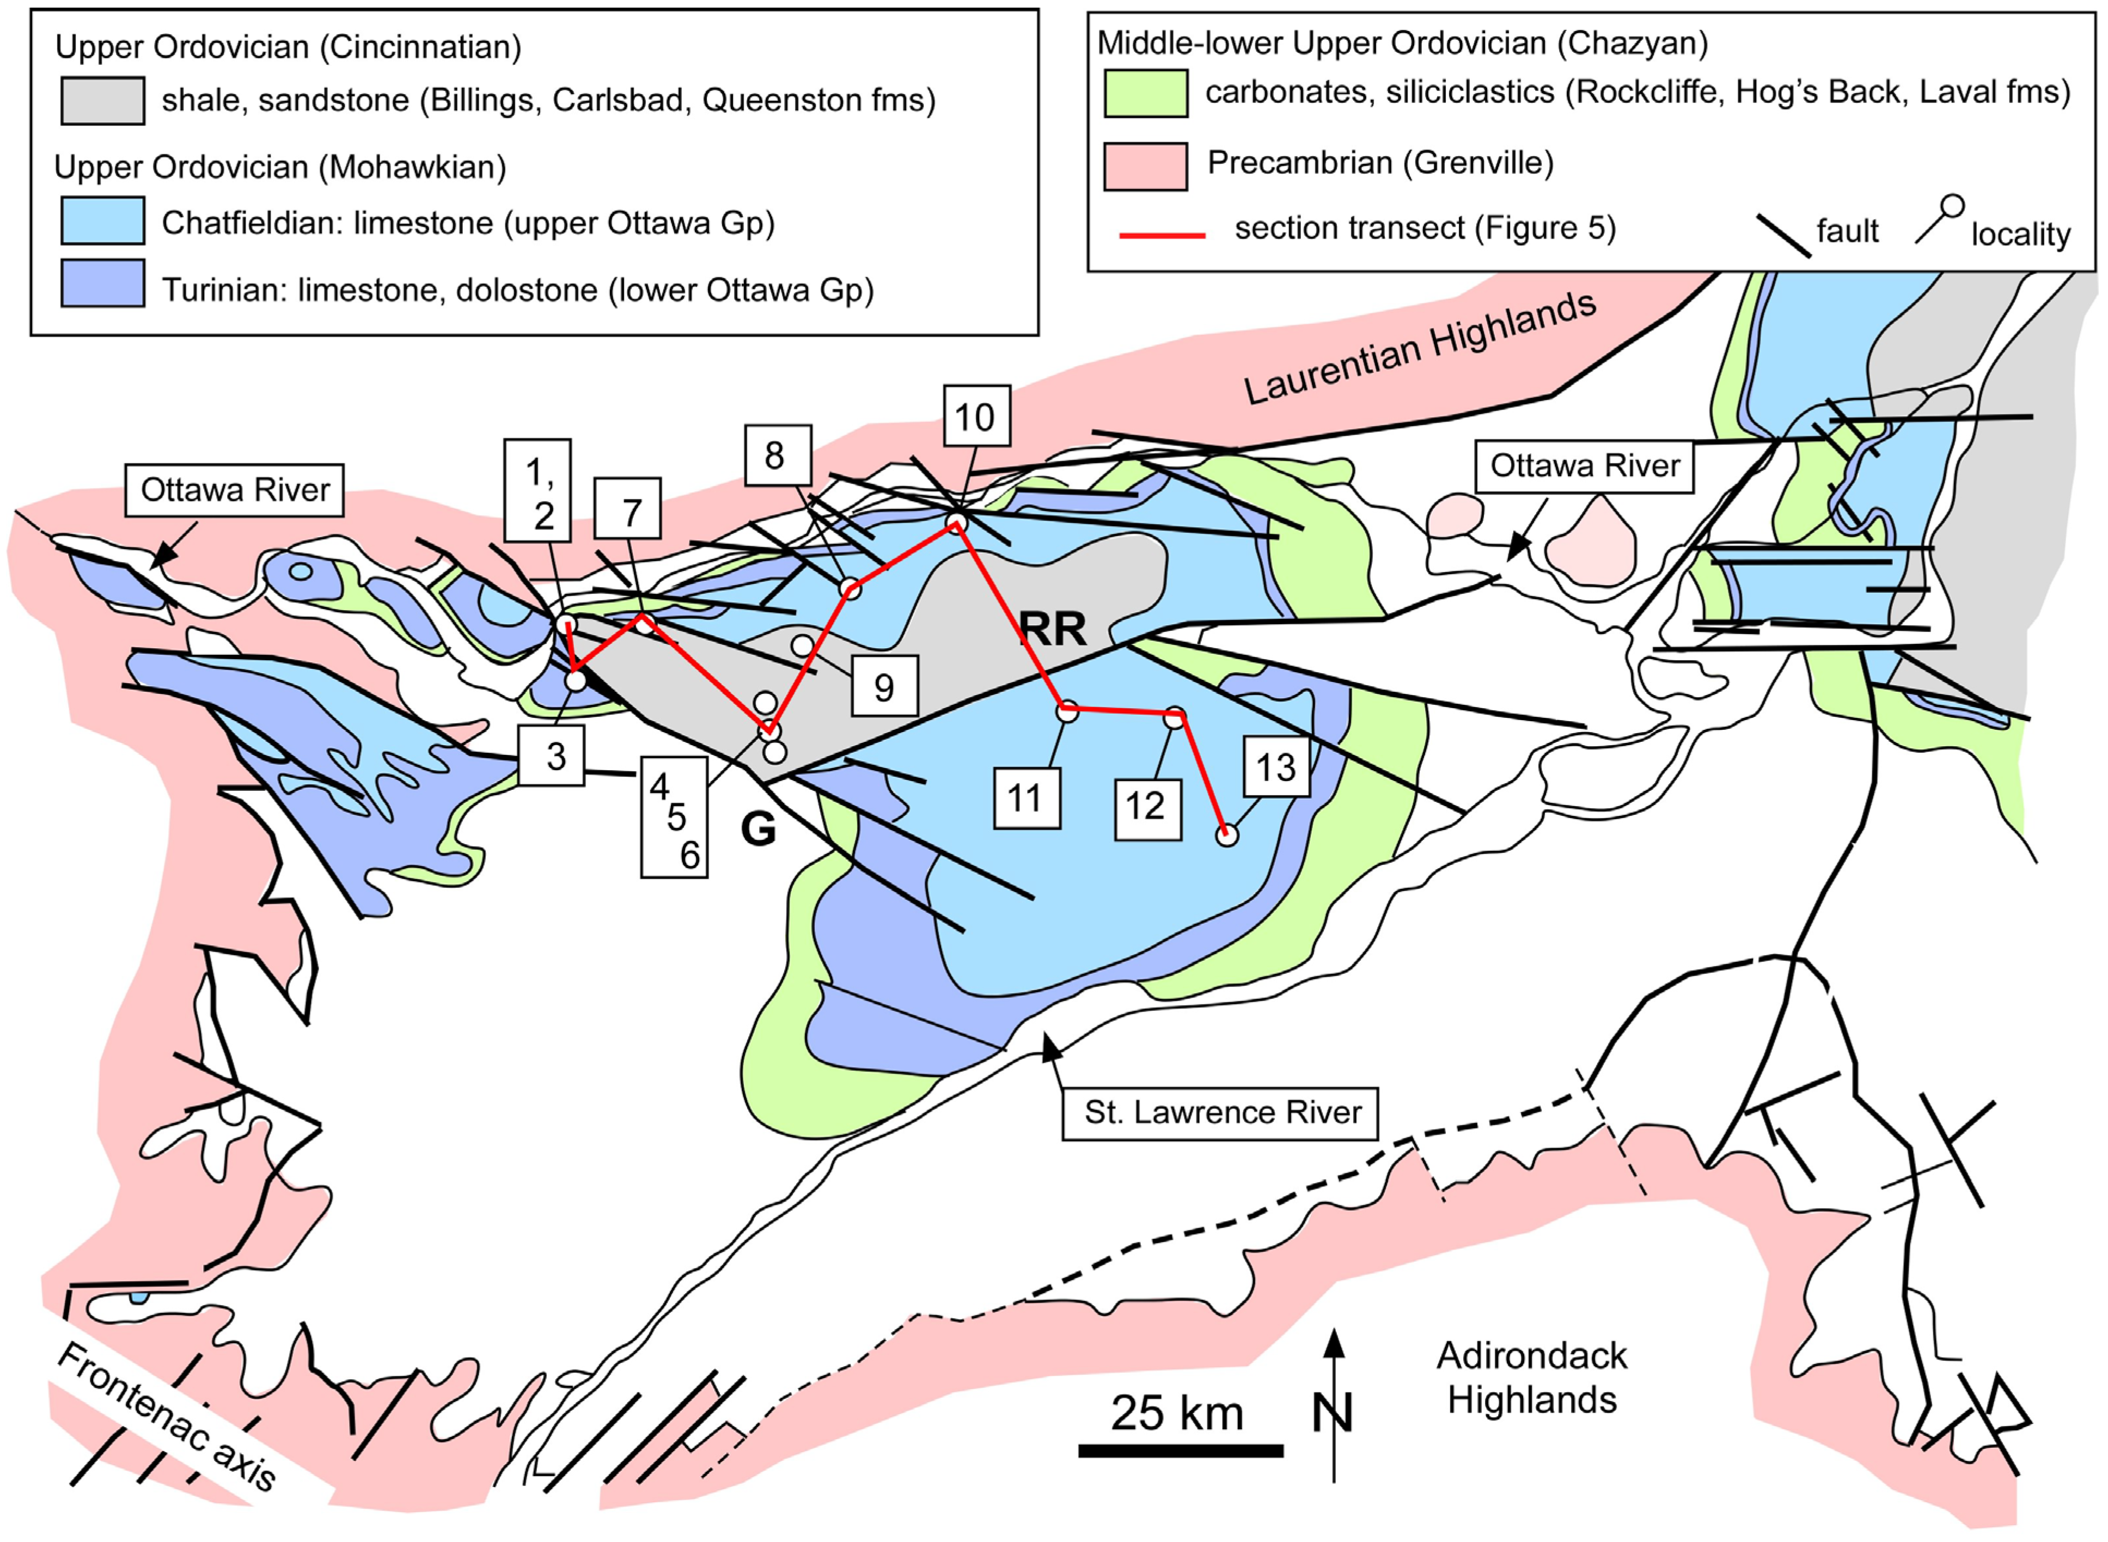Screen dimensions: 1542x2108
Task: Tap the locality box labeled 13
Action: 1275,767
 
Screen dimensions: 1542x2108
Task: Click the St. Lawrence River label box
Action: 1220,1113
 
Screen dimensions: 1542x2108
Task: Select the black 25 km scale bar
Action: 1181,1449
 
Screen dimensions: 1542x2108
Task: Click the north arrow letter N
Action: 1333,1413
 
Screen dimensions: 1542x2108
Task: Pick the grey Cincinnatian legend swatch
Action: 102,101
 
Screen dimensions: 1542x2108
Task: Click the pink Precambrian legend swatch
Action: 1145,166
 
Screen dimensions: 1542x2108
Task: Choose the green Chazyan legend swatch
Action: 1145,93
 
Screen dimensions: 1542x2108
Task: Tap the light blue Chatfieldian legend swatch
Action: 102,221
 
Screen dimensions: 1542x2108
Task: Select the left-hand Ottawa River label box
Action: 235,490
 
